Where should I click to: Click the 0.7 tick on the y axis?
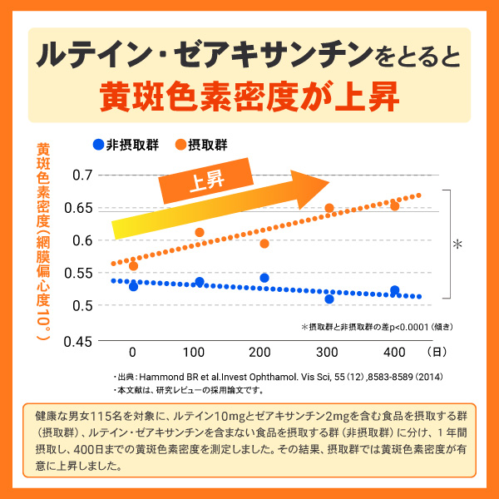click(82, 175)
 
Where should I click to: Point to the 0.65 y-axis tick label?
click(79, 207)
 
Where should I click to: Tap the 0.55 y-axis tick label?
click(79, 273)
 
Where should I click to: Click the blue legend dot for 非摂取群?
click(98, 144)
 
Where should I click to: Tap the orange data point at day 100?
click(200, 233)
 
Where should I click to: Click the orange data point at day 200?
click(264, 244)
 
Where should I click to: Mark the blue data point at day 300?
click(329, 299)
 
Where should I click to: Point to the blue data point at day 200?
click(264, 278)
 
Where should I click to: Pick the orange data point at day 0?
click(133, 266)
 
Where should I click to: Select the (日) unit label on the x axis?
click(438, 351)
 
